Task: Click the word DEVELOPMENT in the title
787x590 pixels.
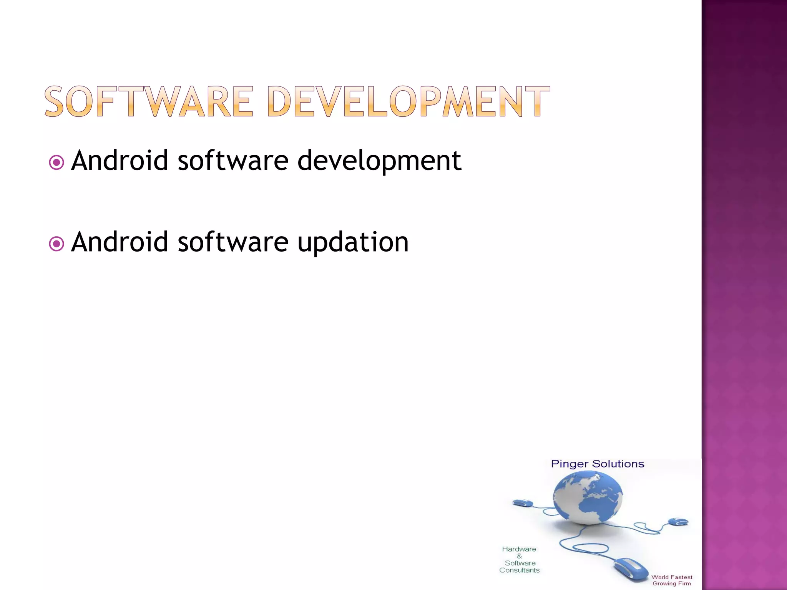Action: pos(408,101)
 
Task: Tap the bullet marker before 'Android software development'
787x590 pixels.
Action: pos(56,162)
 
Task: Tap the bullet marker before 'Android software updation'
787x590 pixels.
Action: pos(56,244)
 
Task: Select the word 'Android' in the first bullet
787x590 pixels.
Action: pos(120,160)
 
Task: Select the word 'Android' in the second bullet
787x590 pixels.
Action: pos(120,242)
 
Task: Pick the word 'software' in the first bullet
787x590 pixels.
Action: pos(233,160)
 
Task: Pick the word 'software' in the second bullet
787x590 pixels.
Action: pos(233,242)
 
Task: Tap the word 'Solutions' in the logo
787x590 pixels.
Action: pos(618,464)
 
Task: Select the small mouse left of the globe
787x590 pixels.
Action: pos(522,503)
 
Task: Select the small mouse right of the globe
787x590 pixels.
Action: pos(678,522)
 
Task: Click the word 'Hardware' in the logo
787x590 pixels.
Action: pos(519,549)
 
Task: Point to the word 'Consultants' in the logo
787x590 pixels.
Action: pos(519,570)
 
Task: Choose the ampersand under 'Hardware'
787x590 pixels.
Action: pos(520,556)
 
